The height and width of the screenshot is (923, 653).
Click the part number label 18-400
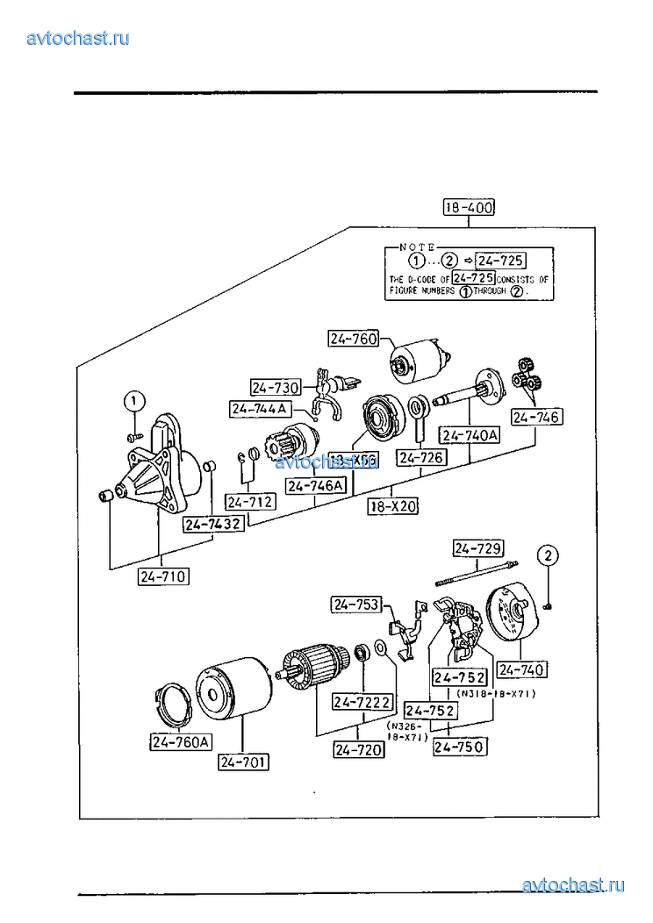[469, 208]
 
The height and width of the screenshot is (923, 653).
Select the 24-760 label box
[353, 338]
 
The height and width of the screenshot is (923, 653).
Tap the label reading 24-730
[276, 387]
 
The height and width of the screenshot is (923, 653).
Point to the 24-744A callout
[260, 409]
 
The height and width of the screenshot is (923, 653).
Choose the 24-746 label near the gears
[536, 418]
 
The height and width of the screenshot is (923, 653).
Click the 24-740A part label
[469, 435]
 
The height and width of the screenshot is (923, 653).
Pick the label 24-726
[422, 457]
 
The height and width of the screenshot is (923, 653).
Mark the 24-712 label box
[249, 502]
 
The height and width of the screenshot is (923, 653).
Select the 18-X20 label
[392, 506]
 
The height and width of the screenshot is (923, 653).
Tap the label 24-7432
[212, 524]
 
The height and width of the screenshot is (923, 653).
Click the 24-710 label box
[163, 576]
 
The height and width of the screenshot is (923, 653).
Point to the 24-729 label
[478, 549]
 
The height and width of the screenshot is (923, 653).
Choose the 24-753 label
[355, 604]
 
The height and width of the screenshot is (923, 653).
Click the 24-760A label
[180, 742]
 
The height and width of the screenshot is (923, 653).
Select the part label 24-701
[244, 762]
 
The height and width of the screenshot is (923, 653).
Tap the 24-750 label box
[460, 747]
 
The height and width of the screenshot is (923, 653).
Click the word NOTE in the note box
[418, 248]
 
